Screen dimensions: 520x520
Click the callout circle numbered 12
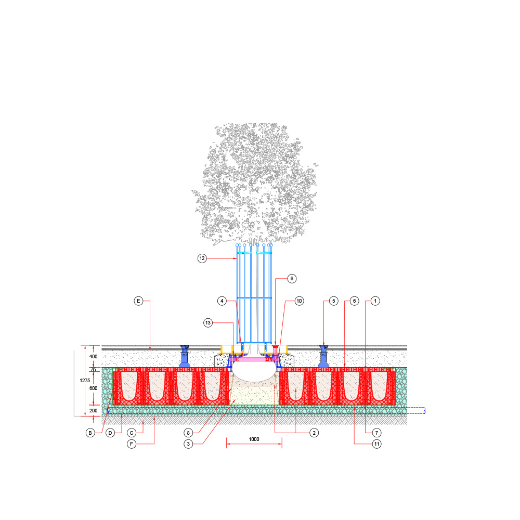(202, 258)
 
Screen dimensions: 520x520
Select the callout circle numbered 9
(292, 279)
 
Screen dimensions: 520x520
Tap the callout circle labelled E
(138, 301)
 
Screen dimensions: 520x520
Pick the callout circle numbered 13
(208, 323)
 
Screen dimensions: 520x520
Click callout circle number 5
(334, 301)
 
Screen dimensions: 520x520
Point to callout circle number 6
(354, 301)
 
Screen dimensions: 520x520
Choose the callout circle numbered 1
(375, 301)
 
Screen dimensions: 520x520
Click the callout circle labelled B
(90, 433)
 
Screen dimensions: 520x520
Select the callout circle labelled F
(132, 444)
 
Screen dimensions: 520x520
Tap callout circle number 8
(188, 433)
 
